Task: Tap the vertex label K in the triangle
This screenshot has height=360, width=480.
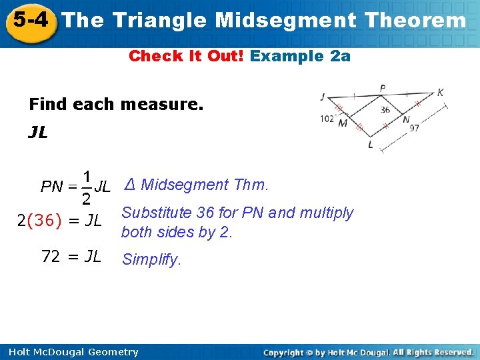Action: point(440,93)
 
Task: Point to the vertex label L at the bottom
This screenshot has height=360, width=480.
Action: point(371,145)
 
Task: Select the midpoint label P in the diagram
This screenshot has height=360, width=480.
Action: point(382,88)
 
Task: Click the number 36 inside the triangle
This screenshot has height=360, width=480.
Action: point(385,109)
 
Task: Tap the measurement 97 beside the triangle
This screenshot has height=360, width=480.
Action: point(414,128)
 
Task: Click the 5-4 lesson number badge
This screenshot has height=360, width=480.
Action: point(29,19)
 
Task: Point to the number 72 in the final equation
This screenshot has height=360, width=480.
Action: point(51,256)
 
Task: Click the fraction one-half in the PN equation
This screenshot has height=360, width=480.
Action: point(87,188)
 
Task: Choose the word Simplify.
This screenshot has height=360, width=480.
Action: point(151,260)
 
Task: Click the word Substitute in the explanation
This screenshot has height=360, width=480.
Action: point(157,213)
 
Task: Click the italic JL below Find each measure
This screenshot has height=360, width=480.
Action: point(38,133)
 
